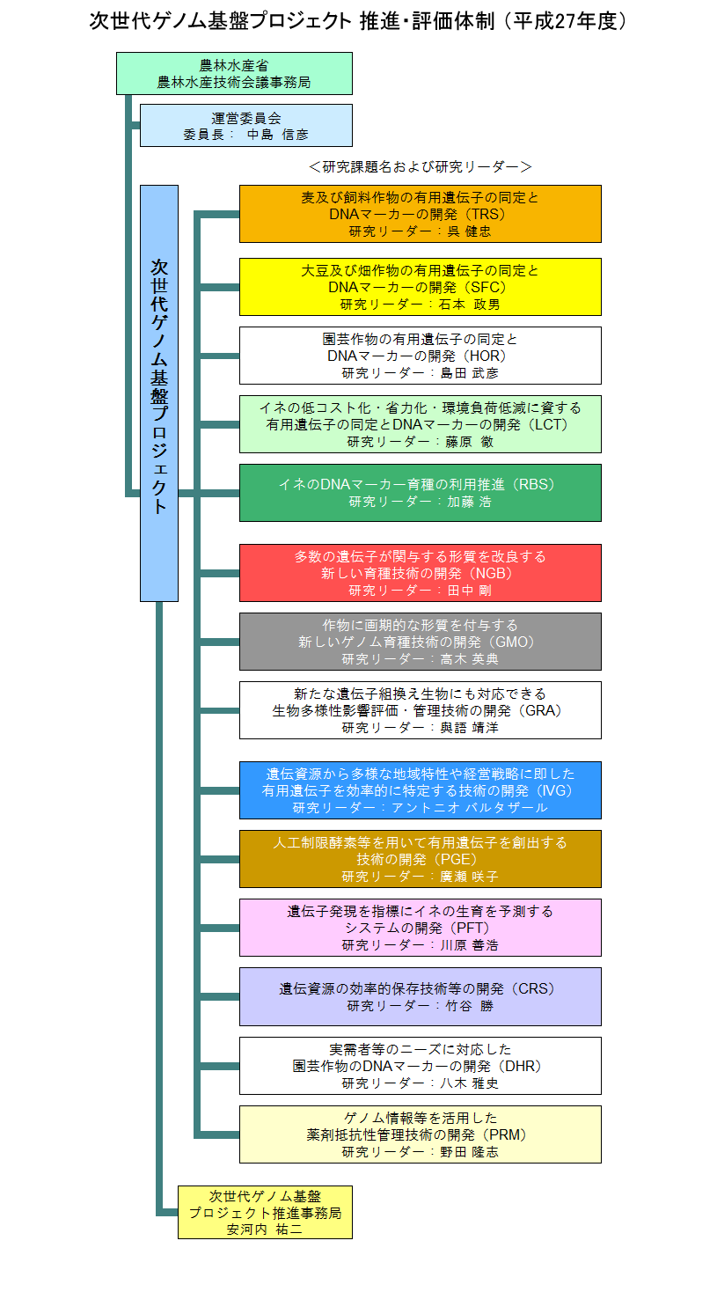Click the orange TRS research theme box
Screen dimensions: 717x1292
[421, 214]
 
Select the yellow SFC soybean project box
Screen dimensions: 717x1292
[421, 287]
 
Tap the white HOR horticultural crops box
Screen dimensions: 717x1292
[421, 356]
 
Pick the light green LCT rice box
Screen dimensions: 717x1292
[421, 424]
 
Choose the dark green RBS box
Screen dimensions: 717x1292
[421, 493]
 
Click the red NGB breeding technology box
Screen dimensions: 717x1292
[421, 573]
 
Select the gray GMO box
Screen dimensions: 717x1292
[421, 642]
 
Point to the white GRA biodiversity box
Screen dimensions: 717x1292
[421, 710]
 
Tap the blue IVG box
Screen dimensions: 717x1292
[421, 790]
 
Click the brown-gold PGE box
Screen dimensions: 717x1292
[421, 859]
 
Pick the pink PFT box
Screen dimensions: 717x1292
[421, 928]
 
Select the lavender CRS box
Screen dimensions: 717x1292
[421, 996]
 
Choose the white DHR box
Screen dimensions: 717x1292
[421, 1066]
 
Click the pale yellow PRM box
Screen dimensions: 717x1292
[421, 1134]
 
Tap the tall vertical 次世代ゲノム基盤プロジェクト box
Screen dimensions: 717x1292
[159, 393]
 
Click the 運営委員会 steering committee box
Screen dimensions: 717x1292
[246, 126]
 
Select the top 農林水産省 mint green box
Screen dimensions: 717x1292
[234, 74]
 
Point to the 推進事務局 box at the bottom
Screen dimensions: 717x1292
[265, 1213]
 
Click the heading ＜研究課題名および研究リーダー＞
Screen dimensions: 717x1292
[421, 166]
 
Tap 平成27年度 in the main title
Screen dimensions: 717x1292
[565, 21]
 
